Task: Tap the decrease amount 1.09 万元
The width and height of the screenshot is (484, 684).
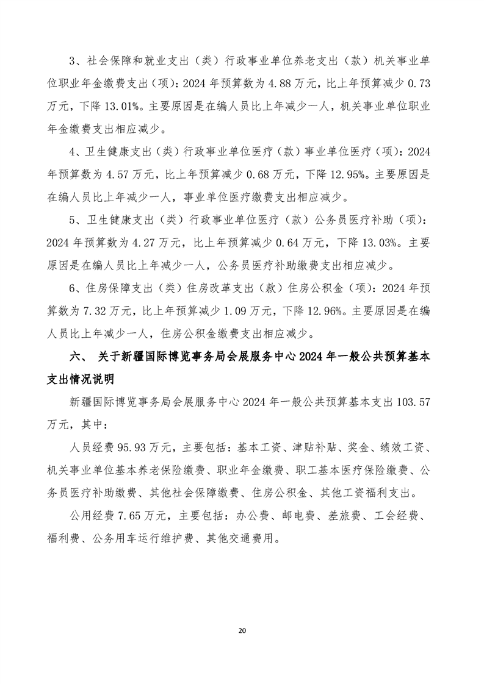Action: coord(248,311)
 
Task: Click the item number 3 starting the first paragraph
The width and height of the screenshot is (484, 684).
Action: coord(74,62)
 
